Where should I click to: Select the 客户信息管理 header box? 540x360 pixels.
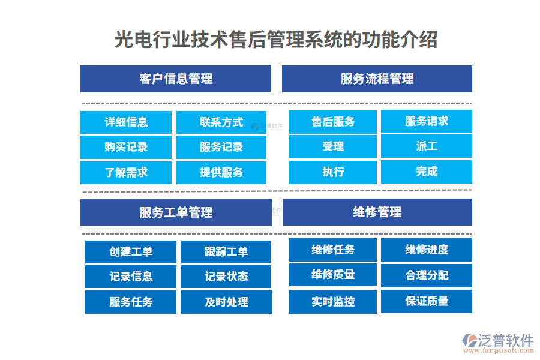[x=176, y=79]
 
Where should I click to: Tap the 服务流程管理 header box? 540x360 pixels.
[x=377, y=79]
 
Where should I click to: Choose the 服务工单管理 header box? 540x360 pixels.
[x=176, y=212]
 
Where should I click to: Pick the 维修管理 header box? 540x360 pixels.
[x=377, y=212]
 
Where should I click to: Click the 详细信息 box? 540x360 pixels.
[x=126, y=122]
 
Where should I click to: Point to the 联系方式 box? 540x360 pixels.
[x=221, y=122]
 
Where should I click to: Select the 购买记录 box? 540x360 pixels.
[x=126, y=147]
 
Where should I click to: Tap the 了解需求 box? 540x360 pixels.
[x=126, y=172]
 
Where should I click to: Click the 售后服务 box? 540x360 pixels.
[x=333, y=122]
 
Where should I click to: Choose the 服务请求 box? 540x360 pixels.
[x=427, y=121]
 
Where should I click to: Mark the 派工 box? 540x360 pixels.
[x=427, y=146]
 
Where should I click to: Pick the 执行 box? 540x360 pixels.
[x=333, y=172]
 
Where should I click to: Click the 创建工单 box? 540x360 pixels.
[x=131, y=252]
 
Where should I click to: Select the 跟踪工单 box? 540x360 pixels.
[x=226, y=252]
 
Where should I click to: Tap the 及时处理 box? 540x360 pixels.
[x=226, y=302]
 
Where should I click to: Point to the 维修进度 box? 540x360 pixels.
[x=427, y=250]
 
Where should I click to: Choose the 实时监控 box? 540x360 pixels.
[x=333, y=302]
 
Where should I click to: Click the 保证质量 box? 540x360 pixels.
[x=427, y=301]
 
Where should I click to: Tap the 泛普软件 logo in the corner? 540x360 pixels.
[x=497, y=343]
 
